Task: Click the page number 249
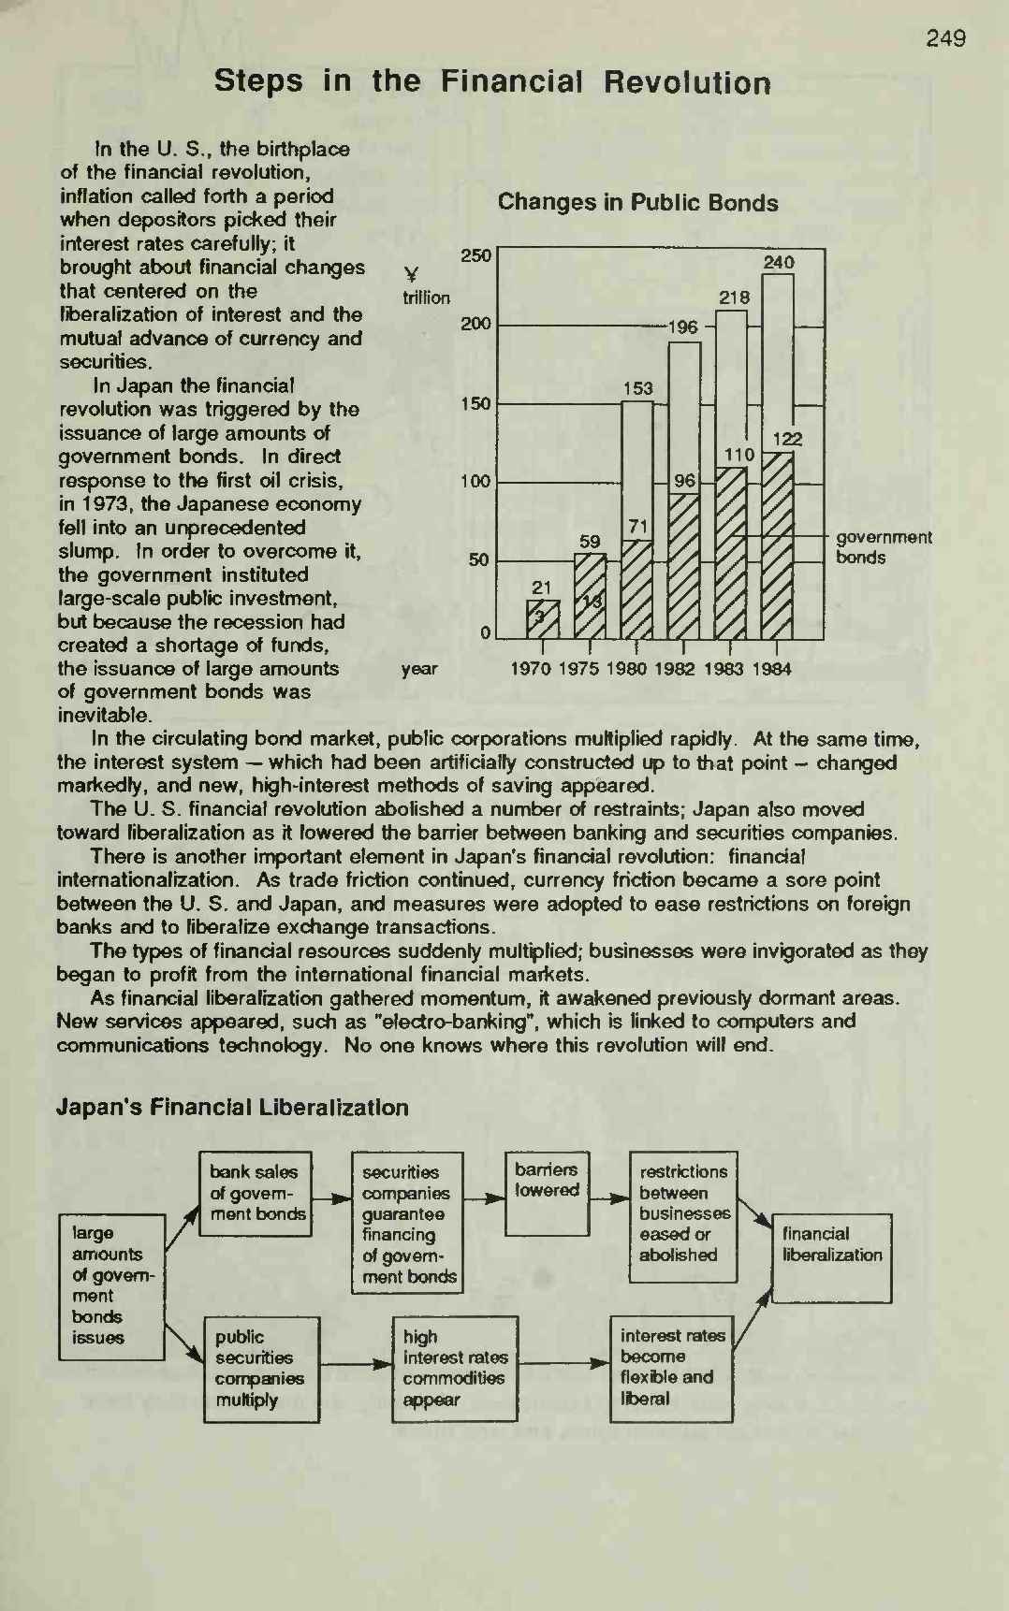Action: [x=945, y=38]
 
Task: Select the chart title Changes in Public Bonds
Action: [x=637, y=203]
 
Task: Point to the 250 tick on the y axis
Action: [x=476, y=255]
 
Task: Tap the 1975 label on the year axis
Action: [x=580, y=669]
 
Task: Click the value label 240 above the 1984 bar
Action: [x=778, y=263]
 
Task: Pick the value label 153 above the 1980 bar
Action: [x=637, y=388]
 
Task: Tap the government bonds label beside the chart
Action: [x=883, y=547]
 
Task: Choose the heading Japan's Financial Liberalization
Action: [x=232, y=1108]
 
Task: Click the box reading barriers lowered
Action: [x=548, y=1193]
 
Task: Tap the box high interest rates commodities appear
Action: [x=455, y=1369]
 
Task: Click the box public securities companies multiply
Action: [x=261, y=1370]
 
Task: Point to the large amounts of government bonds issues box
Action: [x=111, y=1286]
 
